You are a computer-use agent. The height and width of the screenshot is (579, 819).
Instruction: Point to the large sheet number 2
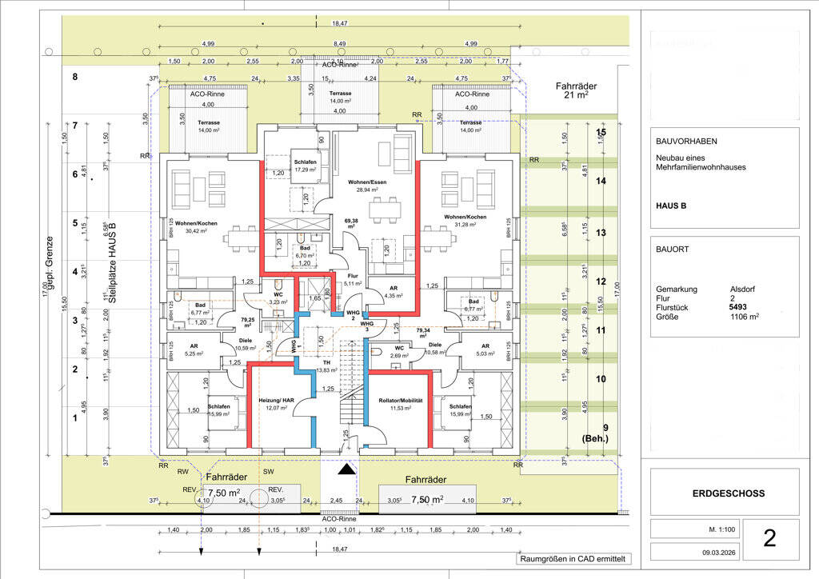pos(769,538)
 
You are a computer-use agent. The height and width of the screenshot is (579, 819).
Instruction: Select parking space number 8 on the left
pos(75,77)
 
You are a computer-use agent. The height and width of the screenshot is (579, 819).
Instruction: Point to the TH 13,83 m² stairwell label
pos(326,366)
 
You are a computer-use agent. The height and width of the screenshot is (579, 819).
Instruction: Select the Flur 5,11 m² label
pos(353,278)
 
